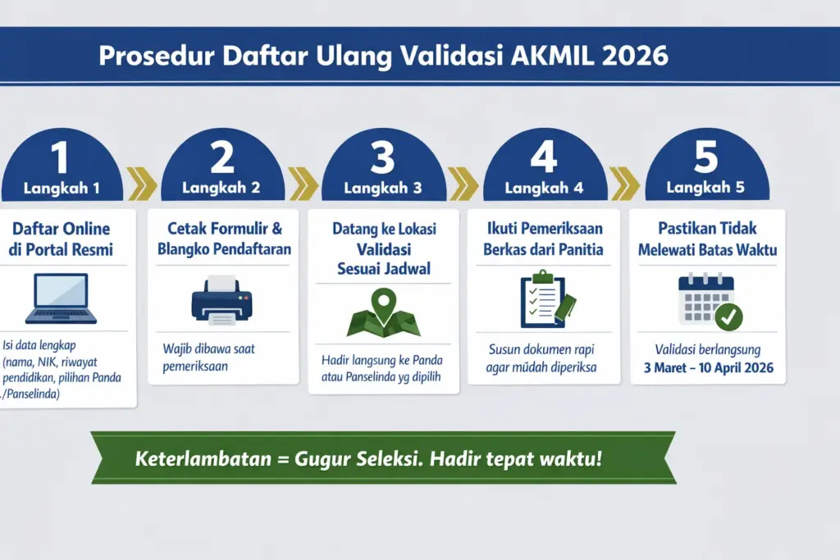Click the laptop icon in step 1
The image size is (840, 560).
(61, 298)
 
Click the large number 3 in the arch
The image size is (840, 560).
(382, 158)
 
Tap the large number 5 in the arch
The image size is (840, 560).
(705, 158)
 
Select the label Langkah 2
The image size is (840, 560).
(221, 188)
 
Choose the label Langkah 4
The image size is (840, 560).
(544, 188)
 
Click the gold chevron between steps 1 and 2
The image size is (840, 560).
(142, 184)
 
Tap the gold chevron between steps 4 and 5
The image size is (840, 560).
(625, 184)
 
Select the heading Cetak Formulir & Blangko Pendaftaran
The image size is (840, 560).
(224, 239)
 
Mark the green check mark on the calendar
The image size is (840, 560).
(728, 315)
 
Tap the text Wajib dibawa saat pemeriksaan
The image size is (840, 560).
(208, 357)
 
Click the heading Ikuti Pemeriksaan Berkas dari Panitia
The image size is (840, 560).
(545, 238)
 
